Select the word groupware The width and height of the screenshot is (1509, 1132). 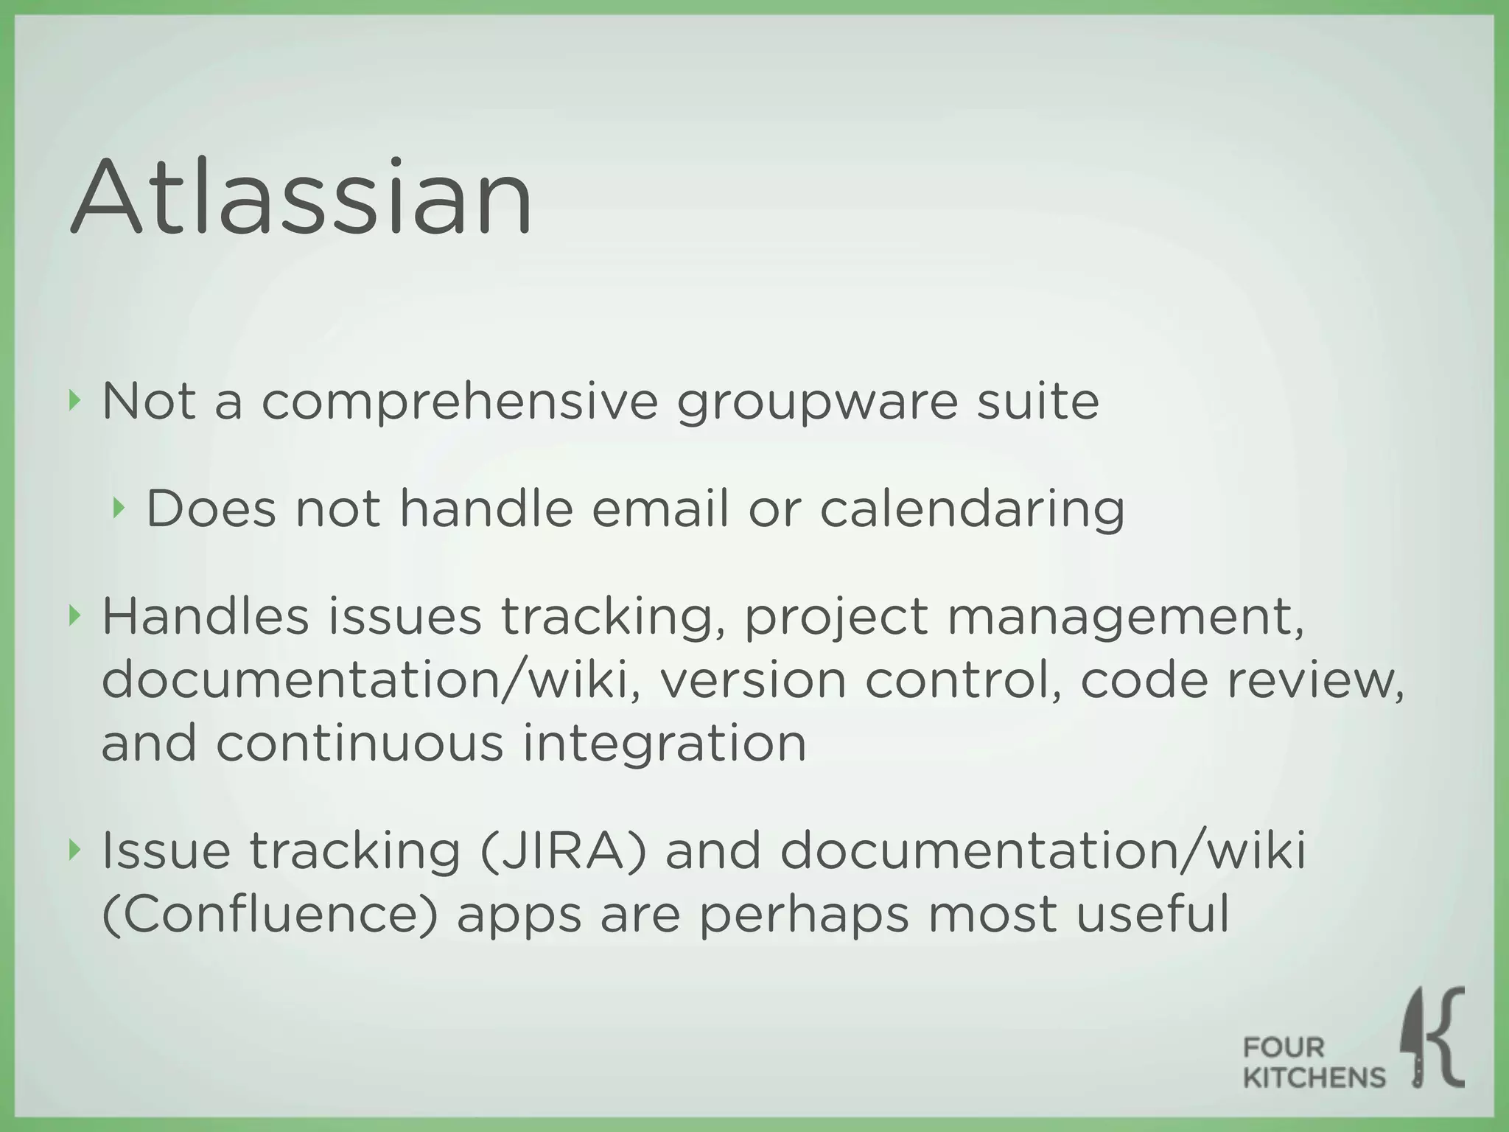[x=817, y=403]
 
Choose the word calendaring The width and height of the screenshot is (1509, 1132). [x=972, y=510]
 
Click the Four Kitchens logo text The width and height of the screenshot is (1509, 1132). [x=1313, y=1063]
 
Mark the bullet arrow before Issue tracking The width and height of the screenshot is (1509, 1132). [x=72, y=849]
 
